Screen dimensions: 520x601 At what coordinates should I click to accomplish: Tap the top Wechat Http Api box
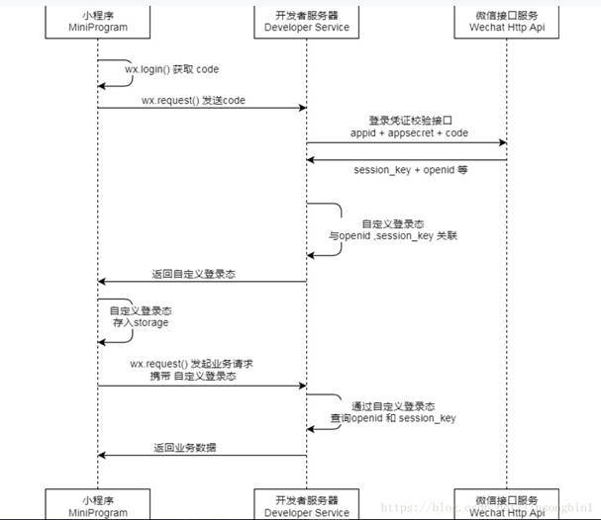pos(508,21)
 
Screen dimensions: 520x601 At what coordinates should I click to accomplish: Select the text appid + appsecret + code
pos(409,132)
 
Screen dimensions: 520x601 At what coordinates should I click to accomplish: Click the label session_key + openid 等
pos(411,170)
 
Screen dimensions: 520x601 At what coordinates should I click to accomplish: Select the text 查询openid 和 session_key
pos(406,418)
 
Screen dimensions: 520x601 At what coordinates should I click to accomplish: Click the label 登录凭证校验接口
pos(409,120)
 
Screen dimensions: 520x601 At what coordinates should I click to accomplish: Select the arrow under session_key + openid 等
pos(406,159)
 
